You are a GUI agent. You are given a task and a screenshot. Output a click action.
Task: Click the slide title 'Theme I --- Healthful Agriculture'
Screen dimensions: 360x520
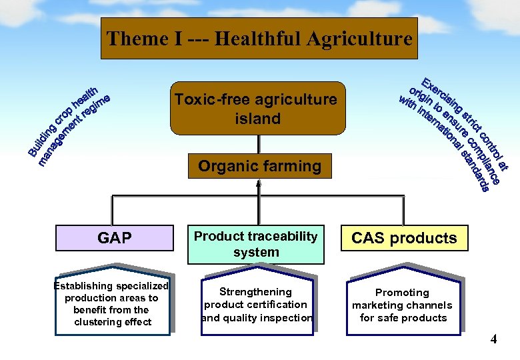point(259,39)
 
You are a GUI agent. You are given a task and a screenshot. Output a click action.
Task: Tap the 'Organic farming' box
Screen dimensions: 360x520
point(259,166)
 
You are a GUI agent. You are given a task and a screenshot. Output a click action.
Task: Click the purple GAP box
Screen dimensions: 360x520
point(114,238)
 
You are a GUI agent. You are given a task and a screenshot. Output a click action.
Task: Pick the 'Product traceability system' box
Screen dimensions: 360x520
point(256,244)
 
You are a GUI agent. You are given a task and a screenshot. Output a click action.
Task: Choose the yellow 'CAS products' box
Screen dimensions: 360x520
point(404,238)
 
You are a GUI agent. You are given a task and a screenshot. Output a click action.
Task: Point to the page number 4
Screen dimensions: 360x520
point(493,339)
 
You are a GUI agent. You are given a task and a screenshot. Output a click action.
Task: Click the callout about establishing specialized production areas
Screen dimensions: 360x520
point(113,305)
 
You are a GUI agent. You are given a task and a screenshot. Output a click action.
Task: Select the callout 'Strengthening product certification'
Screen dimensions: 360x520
point(256,304)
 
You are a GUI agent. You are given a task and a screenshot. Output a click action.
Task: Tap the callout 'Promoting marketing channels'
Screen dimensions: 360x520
point(402,305)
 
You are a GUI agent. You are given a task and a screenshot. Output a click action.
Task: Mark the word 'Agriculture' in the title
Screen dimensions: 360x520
point(360,39)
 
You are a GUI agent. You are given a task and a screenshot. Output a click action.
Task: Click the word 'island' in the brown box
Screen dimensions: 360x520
point(257,119)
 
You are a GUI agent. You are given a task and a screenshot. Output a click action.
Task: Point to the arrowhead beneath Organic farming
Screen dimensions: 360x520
point(259,183)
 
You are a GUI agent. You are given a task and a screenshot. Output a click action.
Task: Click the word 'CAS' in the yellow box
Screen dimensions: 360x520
point(369,238)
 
